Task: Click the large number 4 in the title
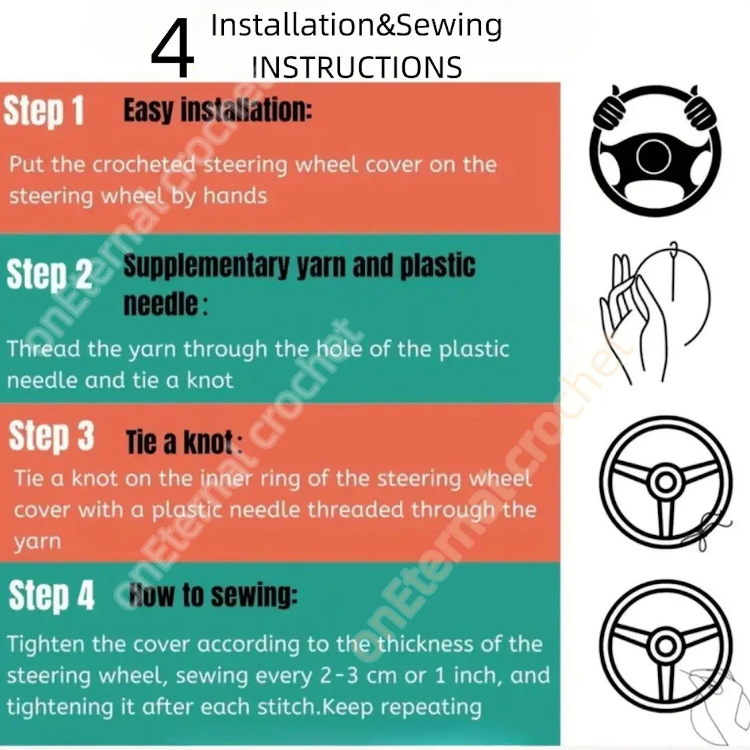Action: (x=172, y=49)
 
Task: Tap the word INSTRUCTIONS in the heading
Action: (x=357, y=67)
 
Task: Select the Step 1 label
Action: (x=44, y=111)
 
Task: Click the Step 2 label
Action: (x=49, y=274)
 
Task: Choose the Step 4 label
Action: (x=51, y=596)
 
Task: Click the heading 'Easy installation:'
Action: (x=218, y=111)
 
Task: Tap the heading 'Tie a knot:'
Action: (x=184, y=443)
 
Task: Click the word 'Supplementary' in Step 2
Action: (x=207, y=267)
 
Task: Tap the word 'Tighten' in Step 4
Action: (x=46, y=645)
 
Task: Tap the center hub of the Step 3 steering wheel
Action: (x=665, y=482)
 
